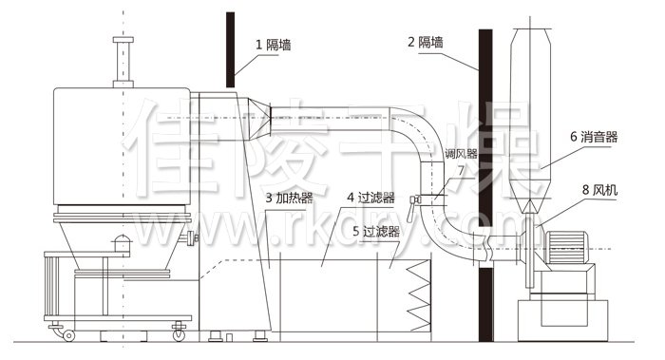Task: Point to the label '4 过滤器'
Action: tap(370, 198)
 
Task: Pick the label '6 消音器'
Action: tap(594, 137)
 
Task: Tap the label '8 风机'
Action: tap(598, 190)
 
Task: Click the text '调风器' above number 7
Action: tap(460, 153)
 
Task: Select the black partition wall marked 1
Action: tap(231, 47)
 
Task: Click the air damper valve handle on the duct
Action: tap(414, 199)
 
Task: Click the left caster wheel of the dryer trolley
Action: tap(67, 333)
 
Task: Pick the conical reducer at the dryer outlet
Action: tap(257, 121)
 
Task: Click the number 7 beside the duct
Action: tap(461, 170)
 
